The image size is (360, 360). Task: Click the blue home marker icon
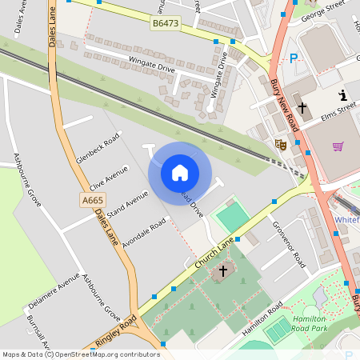coord(180,173)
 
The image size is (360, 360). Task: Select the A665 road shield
coord(92,199)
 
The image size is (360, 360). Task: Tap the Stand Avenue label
coord(127,205)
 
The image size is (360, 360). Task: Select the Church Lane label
coord(215,250)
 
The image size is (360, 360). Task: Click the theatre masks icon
coord(281,144)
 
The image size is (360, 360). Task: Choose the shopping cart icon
coord(338,146)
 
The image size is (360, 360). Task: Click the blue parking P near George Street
coord(294,58)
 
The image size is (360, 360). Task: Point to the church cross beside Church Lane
coord(223,272)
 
